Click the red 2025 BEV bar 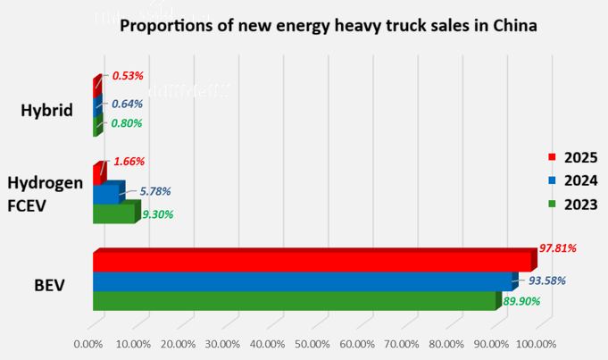point(312,262)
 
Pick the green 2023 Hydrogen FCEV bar point(113,213)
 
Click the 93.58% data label point(547,280)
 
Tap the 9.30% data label point(158,214)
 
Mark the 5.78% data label point(155,191)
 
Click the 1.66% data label point(129,162)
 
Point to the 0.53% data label point(128,75)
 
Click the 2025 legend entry point(572,157)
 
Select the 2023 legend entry point(572,205)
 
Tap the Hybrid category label point(46,111)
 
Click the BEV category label point(50,287)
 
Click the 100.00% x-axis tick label point(536,343)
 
